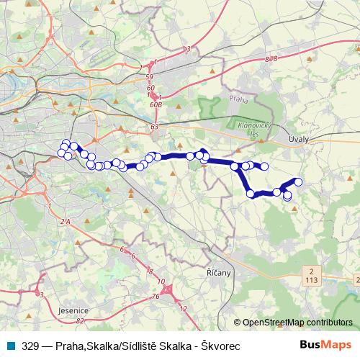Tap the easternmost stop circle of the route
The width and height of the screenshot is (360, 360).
tap(298, 182)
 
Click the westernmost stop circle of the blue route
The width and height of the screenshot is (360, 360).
tap(60, 152)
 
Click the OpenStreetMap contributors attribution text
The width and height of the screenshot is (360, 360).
tap(297, 323)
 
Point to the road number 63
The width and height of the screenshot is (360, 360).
tap(154, 127)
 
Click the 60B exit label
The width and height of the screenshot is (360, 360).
tap(156, 104)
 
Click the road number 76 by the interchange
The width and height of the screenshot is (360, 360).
tap(156, 296)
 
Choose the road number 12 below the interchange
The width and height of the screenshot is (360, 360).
tap(183, 308)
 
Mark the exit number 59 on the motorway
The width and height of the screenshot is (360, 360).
tap(150, 76)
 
